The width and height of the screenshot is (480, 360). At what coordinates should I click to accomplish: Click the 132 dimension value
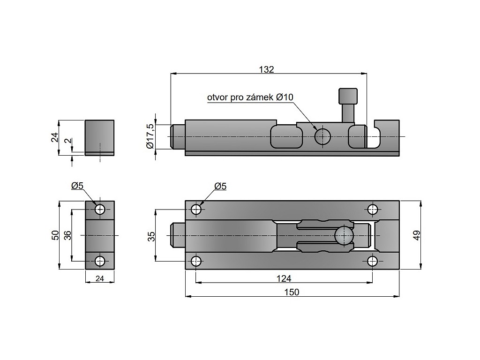266,69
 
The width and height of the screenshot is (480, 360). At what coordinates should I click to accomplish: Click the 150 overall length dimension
292,292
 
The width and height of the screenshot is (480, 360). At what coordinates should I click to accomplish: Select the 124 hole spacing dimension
284,278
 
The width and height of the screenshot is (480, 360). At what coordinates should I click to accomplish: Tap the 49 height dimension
416,235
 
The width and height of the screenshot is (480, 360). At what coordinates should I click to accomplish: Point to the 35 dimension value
151,236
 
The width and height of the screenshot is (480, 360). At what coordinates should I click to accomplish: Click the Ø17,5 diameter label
150,136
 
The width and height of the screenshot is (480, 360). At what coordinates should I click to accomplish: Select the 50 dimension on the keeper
55,235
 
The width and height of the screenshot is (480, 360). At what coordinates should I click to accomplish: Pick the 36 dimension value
67,235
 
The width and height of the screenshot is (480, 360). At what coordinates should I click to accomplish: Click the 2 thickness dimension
68,141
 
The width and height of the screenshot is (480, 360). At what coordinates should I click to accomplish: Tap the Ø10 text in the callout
285,97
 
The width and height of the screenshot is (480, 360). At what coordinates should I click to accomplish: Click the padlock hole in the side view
322,136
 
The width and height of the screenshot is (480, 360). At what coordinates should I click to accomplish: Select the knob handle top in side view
348,96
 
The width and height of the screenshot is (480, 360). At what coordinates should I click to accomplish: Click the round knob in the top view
344,235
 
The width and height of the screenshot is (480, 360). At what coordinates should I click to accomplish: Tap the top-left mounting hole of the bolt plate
196,210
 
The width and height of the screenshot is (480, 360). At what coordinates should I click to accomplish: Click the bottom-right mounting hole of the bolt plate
372,261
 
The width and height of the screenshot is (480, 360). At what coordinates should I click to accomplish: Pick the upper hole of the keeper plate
100,210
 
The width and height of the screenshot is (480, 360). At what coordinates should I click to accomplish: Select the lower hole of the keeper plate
100,261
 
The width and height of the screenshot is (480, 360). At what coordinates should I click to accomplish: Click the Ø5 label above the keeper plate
77,186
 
